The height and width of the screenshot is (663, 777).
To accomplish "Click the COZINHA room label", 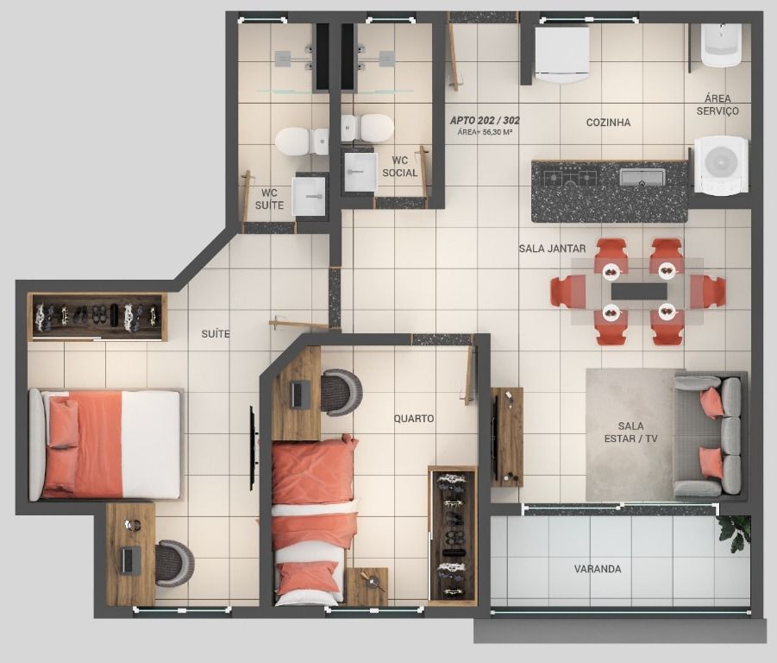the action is pyautogui.click(x=608, y=123).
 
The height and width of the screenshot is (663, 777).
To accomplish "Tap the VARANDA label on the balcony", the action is pyautogui.click(x=598, y=569).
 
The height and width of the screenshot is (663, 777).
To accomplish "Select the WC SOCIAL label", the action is pyautogui.click(x=400, y=167).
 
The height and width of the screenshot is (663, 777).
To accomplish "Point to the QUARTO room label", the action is pyautogui.click(x=414, y=419).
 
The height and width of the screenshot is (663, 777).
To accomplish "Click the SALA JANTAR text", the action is pyautogui.click(x=552, y=249).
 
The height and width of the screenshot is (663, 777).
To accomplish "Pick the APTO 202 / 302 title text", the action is pyautogui.click(x=485, y=121).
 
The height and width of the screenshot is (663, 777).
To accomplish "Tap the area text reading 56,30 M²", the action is pyautogui.click(x=497, y=132).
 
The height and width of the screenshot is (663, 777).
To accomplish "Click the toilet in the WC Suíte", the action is pyautogui.click(x=301, y=142).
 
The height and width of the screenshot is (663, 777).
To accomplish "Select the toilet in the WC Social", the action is pyautogui.click(x=367, y=128).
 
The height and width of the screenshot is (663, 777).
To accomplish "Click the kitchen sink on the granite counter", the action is pyautogui.click(x=642, y=176).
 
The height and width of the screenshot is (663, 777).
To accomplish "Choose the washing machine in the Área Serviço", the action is pyautogui.click(x=721, y=164).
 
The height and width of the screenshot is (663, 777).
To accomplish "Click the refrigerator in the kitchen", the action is pyautogui.click(x=562, y=54).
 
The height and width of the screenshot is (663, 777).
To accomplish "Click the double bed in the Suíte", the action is pyautogui.click(x=105, y=445).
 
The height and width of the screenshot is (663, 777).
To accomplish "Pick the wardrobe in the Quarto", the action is pyautogui.click(x=452, y=534).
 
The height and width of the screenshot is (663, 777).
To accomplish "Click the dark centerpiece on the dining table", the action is pyautogui.click(x=639, y=291).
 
